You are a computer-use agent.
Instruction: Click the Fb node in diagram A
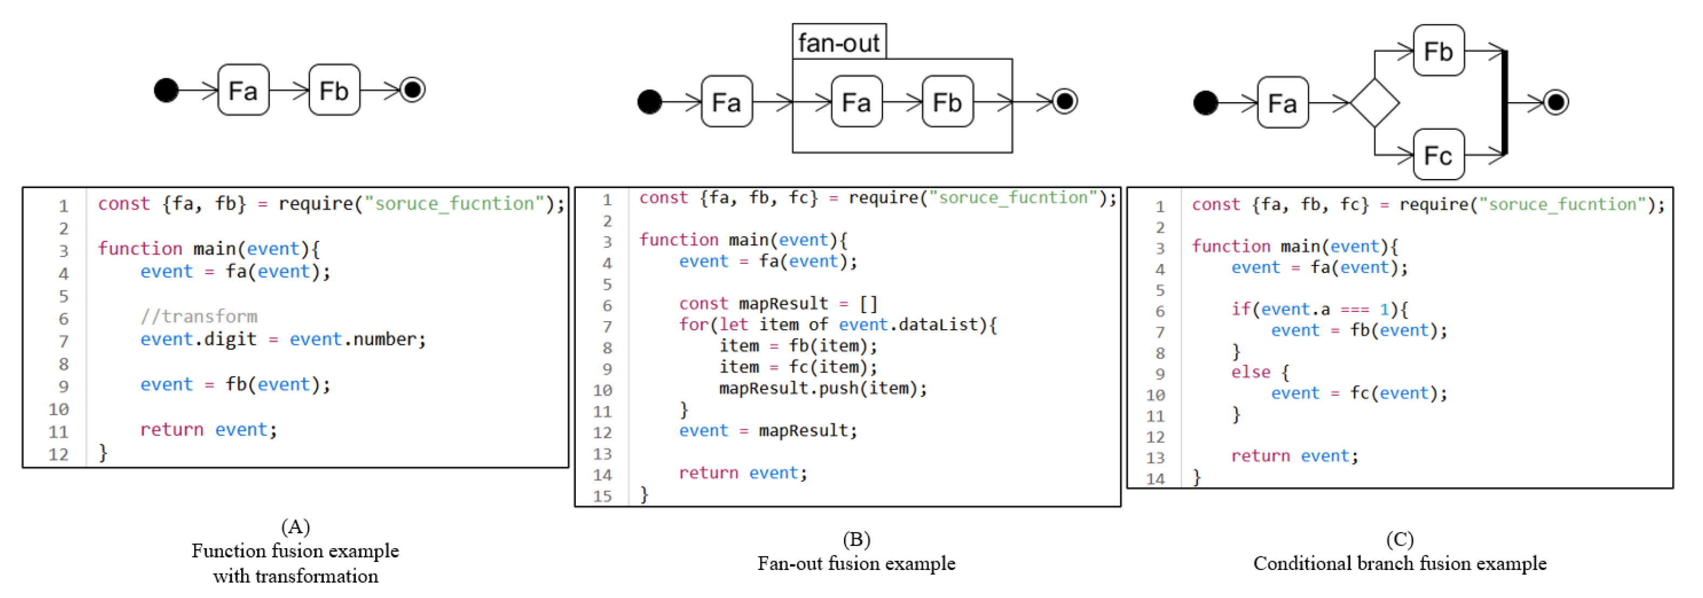click(334, 90)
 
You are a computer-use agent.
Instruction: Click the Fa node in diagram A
click(243, 90)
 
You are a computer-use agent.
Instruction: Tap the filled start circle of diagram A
click(166, 90)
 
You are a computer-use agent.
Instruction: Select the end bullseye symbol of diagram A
click(413, 89)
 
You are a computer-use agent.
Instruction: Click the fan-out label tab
click(839, 42)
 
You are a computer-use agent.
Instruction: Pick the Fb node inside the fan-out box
click(947, 102)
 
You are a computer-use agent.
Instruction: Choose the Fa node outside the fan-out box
click(726, 102)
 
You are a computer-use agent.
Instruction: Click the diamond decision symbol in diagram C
click(1374, 103)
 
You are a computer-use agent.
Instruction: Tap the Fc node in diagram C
click(1438, 156)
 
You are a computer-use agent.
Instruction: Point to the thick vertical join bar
click(1505, 103)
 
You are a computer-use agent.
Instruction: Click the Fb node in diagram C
click(1438, 51)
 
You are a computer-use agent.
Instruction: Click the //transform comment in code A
click(198, 316)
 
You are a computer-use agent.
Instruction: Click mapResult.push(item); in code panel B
click(822, 388)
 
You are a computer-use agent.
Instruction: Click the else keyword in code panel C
click(1249, 373)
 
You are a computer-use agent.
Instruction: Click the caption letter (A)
click(295, 527)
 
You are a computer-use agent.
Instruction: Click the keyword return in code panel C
click(1259, 456)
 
